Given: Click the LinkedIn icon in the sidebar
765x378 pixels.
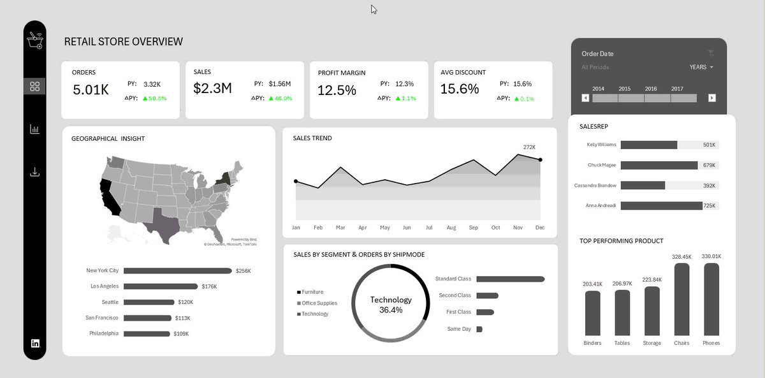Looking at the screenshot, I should coord(35,343).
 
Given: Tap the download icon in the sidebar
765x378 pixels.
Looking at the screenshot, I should coord(34,172).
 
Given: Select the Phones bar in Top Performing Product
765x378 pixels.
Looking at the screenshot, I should coord(711,300).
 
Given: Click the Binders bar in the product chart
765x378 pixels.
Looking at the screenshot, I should coord(592,313).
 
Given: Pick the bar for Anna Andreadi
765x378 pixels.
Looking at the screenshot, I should coord(661,206).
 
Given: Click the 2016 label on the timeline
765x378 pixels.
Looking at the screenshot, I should coord(650,89).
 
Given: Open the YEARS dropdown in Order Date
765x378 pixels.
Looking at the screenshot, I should coord(701,67).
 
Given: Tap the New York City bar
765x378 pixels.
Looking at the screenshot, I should coord(177,271).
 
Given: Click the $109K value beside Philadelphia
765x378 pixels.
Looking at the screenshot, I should coord(180,333).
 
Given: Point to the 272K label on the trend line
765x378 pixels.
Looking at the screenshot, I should coord(529,147).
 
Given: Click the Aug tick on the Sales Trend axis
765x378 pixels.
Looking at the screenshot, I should coord(451,228).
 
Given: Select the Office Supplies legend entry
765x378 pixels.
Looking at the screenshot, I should coord(319,303).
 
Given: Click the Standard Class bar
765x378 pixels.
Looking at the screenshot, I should coord(510,279).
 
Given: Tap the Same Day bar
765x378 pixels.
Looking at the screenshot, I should coord(479,329).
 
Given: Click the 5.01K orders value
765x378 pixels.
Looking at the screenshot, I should coord(91,89).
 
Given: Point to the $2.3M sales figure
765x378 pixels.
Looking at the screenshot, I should coord(212,88).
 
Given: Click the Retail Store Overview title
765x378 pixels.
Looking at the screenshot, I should coord(123,42).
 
